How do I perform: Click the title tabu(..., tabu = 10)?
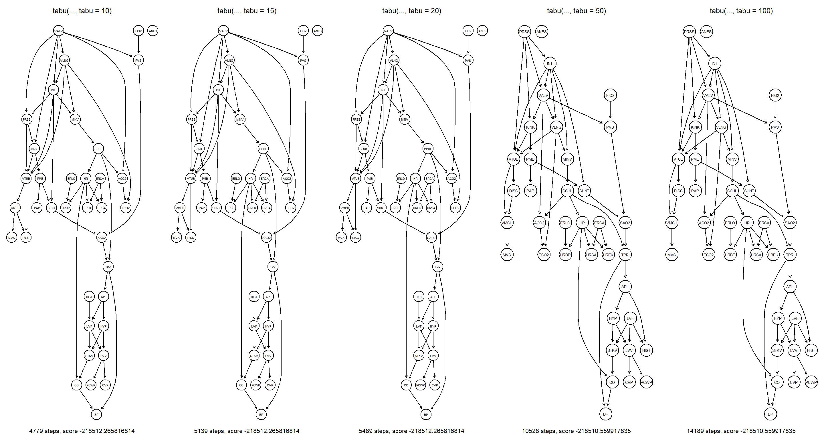tap(82, 11)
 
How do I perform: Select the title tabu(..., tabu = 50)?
tap(576, 11)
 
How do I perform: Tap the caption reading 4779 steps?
tap(82, 431)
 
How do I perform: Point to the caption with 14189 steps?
tap(741, 431)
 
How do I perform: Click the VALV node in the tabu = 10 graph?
tap(59, 31)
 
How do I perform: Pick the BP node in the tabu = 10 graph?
tap(96, 414)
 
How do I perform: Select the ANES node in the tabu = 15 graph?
tap(317, 31)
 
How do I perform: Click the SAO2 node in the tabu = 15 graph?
tap(266, 238)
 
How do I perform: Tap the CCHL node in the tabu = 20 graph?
tap(428, 149)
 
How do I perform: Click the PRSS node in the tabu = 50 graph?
tap(524, 32)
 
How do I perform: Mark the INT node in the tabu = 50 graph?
tap(550, 63)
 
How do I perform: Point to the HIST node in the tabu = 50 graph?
tap(646, 350)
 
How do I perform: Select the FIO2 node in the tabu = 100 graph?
tap(775, 95)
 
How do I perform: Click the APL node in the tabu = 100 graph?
tap(789, 287)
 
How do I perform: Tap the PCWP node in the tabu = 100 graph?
tap(811, 382)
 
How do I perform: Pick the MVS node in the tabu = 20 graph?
tap(341, 238)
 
